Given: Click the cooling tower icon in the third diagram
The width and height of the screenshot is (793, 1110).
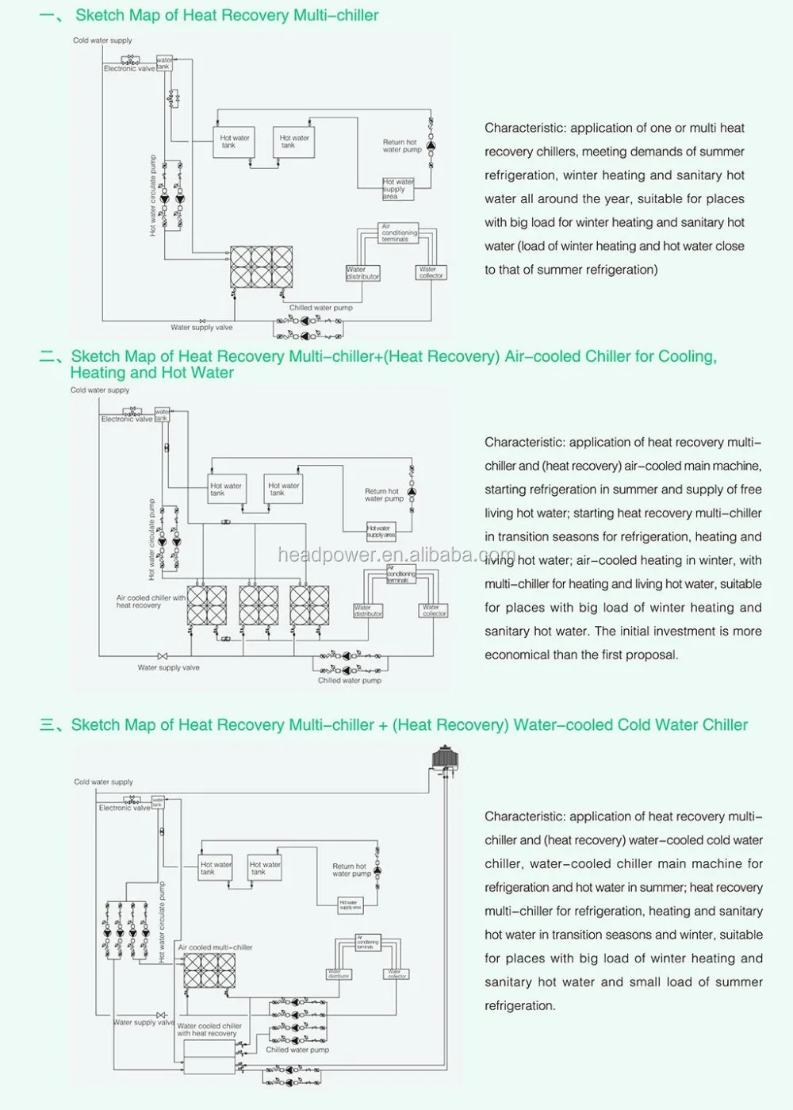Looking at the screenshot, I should [x=444, y=757].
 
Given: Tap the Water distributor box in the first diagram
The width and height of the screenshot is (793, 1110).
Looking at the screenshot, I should [x=362, y=273].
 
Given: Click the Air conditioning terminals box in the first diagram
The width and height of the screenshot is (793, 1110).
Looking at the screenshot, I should [x=398, y=232].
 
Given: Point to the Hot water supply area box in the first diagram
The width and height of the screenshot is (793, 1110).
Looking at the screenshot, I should [x=398, y=188].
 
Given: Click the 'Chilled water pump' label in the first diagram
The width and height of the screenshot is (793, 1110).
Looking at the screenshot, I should [x=320, y=308].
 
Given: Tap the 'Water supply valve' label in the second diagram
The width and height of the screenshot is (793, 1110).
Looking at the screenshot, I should [x=168, y=667].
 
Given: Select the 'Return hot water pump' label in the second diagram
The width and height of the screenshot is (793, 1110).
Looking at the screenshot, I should [x=384, y=495].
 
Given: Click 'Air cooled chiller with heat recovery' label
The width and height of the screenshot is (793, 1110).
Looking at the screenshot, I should [x=151, y=601].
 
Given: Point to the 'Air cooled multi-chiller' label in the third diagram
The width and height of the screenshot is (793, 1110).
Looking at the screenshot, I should [x=215, y=947].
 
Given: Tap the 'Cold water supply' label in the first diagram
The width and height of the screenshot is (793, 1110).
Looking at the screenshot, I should [x=102, y=40].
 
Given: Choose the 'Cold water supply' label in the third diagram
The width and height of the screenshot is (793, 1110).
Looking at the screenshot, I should [x=103, y=782].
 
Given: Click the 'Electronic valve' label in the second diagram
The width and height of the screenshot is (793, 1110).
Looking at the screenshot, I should [x=126, y=419].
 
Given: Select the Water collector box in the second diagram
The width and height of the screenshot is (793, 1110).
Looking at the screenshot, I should [x=435, y=610].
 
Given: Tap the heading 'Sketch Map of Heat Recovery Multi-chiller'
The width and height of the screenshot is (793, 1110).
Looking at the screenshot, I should [x=227, y=15].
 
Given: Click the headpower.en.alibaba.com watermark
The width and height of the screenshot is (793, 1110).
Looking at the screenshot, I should [x=396, y=555].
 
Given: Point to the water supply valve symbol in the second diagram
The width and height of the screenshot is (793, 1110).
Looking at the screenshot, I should [x=163, y=656].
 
